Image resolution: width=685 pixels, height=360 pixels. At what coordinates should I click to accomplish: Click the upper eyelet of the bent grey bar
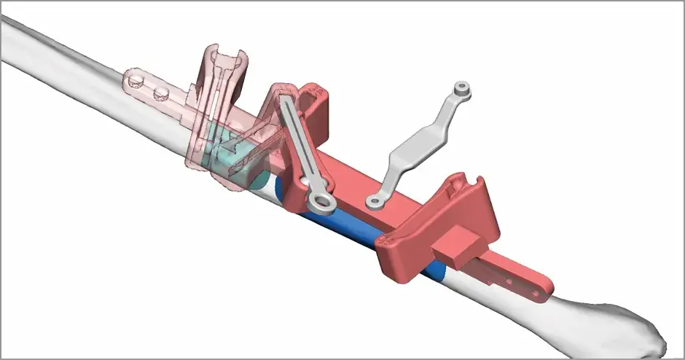(x=461, y=90)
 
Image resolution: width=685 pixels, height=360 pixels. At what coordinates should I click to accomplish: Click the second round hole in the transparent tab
(x=159, y=93)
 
